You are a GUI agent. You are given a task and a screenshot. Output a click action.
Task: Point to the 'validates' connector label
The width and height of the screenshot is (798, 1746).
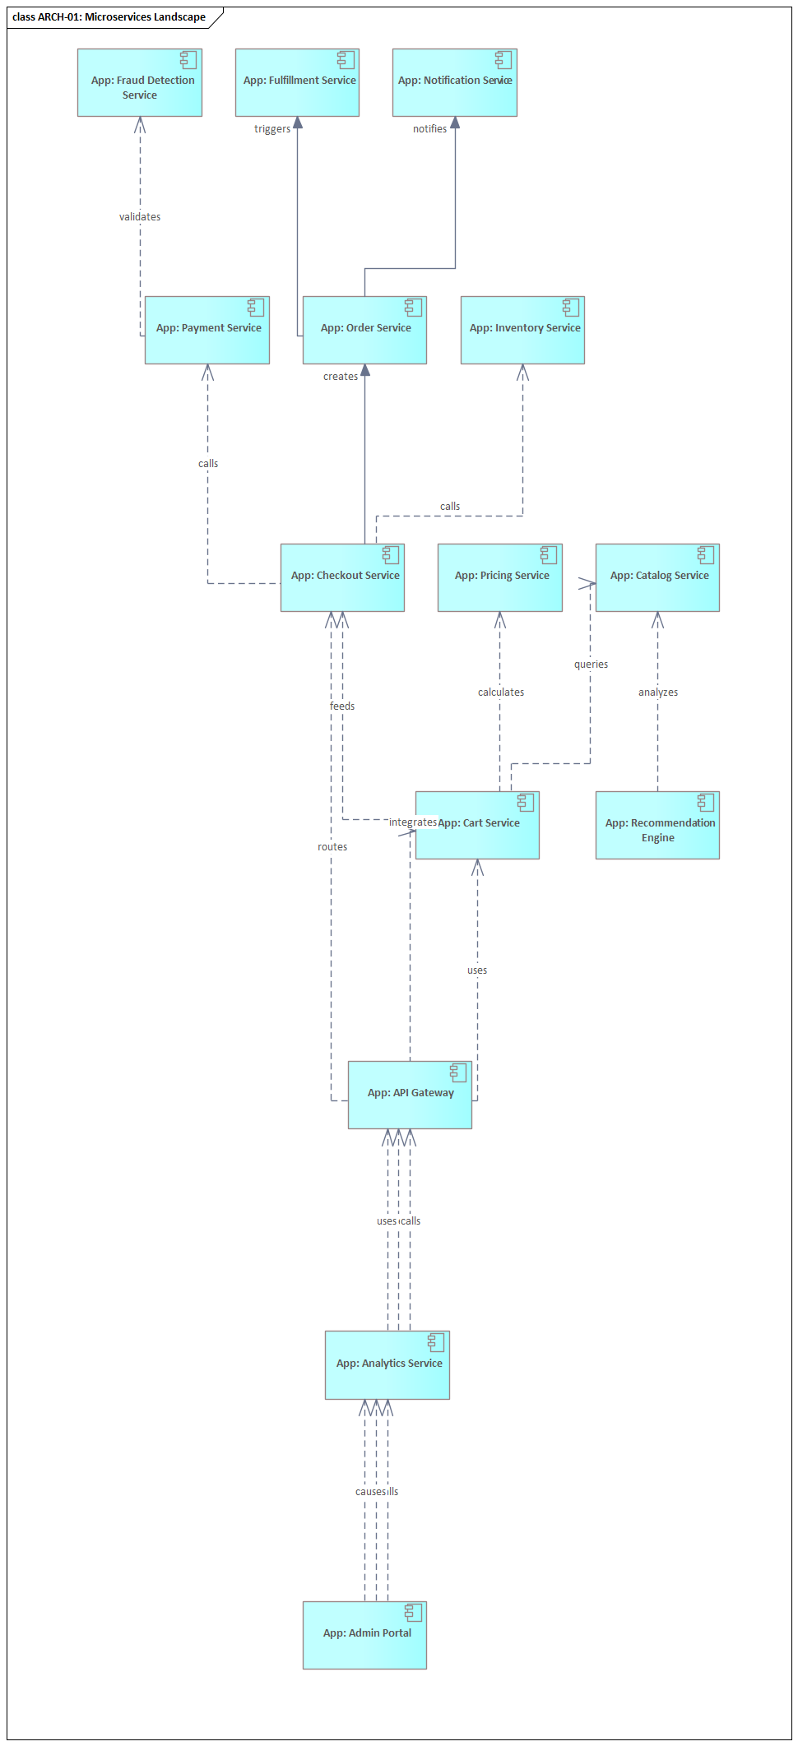click(140, 217)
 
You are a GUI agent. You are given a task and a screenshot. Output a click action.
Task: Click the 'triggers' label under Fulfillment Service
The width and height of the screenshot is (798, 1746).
click(271, 129)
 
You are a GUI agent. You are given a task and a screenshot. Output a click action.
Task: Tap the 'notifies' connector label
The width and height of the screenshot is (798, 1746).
click(429, 129)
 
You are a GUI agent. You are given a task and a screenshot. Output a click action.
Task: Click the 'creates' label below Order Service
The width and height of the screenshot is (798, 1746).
click(340, 377)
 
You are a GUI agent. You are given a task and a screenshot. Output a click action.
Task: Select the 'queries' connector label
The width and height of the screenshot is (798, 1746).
click(591, 665)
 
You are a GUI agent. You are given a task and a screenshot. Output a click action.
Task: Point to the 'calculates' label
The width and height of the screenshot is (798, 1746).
click(500, 692)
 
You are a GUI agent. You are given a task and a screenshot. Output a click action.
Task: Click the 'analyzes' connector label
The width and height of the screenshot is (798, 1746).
click(657, 692)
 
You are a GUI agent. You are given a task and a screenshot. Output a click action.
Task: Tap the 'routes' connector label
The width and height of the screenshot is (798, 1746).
click(332, 847)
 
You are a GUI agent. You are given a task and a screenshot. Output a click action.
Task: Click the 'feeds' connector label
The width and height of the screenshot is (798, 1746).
click(342, 706)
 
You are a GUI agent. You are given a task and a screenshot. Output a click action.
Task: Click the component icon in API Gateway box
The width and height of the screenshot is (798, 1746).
click(458, 1072)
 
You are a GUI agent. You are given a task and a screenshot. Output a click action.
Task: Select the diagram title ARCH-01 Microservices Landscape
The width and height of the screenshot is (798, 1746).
click(109, 17)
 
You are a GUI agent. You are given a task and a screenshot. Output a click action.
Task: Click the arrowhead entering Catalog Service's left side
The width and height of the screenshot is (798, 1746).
click(587, 583)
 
